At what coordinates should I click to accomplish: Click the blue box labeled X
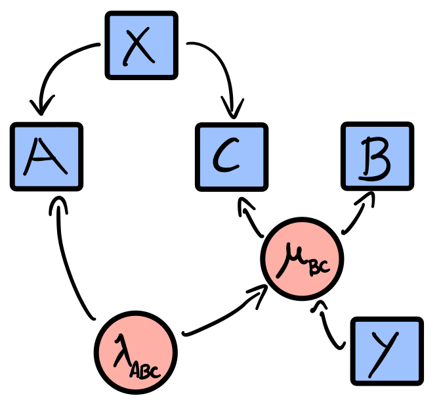(141, 45)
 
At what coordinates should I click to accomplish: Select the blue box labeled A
(47, 156)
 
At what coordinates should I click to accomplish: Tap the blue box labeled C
(231, 156)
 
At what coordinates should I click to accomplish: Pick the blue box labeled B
(377, 156)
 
